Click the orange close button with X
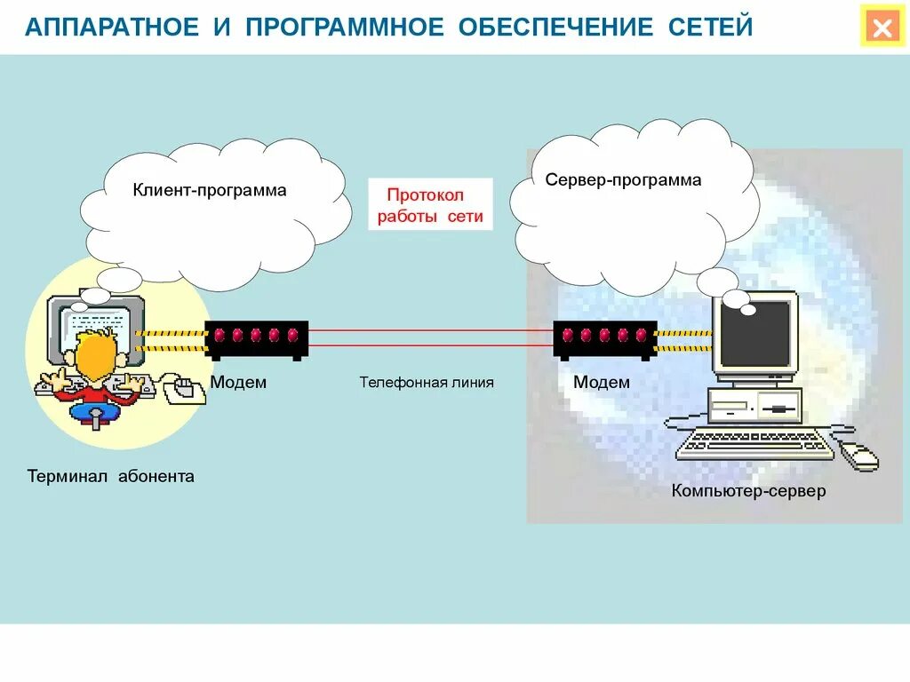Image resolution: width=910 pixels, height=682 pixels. click(x=882, y=28)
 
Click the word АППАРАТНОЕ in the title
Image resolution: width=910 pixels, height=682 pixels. click(x=111, y=28)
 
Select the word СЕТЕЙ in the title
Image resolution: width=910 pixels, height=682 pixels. click(x=710, y=28)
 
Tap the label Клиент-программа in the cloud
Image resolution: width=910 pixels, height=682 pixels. click(x=210, y=190)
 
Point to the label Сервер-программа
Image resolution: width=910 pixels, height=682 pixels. click(x=623, y=180)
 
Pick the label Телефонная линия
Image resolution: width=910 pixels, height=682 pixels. click(x=426, y=383)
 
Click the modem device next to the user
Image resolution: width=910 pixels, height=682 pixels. click(x=257, y=338)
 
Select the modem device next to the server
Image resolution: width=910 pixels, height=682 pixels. click(x=605, y=338)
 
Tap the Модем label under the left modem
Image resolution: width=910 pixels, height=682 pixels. click(x=238, y=383)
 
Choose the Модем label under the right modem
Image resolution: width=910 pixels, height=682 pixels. click(x=601, y=383)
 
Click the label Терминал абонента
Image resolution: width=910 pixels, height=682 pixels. click(x=110, y=477)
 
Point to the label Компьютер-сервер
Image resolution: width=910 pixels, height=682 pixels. click(x=748, y=491)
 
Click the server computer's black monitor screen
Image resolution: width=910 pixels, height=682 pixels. click(x=754, y=332)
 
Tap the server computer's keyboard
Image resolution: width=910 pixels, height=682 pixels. click(x=754, y=444)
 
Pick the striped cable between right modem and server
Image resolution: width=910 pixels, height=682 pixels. click(x=684, y=341)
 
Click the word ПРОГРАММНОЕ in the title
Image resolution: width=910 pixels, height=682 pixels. click(x=344, y=28)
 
